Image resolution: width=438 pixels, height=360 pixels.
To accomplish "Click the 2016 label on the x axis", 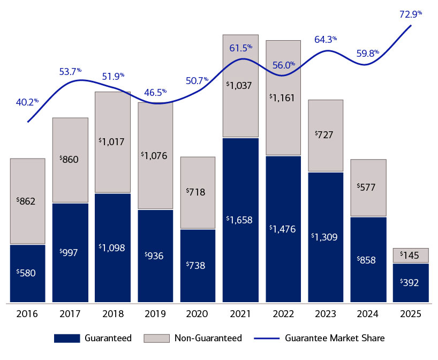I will click(27, 314).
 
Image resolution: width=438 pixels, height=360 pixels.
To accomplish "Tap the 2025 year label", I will click(411, 314).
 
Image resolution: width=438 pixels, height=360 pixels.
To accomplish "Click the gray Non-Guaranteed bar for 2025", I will click(411, 256).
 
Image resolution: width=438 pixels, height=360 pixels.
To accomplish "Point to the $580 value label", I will click(27, 272).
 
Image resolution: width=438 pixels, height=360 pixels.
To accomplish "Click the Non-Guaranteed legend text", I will click(208, 338).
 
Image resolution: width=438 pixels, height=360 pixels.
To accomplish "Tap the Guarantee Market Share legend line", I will click(266, 338).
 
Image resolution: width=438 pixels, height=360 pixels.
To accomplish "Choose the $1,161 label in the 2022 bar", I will click(283, 97).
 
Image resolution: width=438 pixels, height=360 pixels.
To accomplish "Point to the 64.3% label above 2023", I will click(325, 40).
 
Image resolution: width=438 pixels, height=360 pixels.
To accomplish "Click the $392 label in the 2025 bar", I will click(411, 282).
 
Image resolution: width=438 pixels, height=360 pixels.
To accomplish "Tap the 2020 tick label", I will click(198, 314).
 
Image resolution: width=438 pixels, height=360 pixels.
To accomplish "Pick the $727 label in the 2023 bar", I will click(325, 135).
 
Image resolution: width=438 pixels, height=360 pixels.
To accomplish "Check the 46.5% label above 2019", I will click(155, 92).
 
